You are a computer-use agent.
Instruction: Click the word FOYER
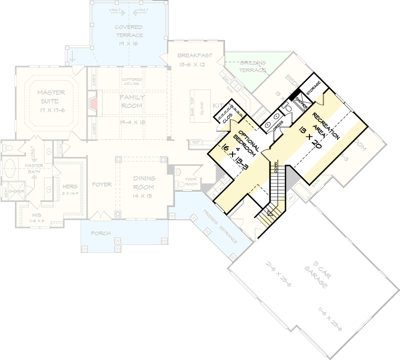[x=101, y=184]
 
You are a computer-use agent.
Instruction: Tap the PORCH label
[x=100, y=233]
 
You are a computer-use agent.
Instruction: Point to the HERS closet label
[x=70, y=184]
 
